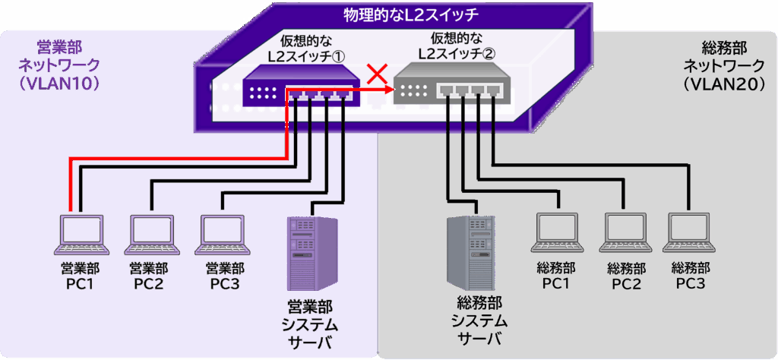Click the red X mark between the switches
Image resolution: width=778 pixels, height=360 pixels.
tap(376, 74)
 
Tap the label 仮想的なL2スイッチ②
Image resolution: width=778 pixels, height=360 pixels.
tap(452, 47)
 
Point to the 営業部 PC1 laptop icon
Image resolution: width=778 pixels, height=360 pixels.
tap(84, 235)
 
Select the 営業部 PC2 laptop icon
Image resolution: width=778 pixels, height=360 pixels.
tap(154, 235)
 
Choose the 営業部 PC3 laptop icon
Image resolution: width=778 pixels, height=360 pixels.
tap(224, 235)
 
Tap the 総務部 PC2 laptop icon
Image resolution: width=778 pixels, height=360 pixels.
tap(628, 232)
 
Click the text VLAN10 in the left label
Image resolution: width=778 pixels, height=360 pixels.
tap(59, 84)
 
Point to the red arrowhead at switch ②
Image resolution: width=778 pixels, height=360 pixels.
tap(390, 90)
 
